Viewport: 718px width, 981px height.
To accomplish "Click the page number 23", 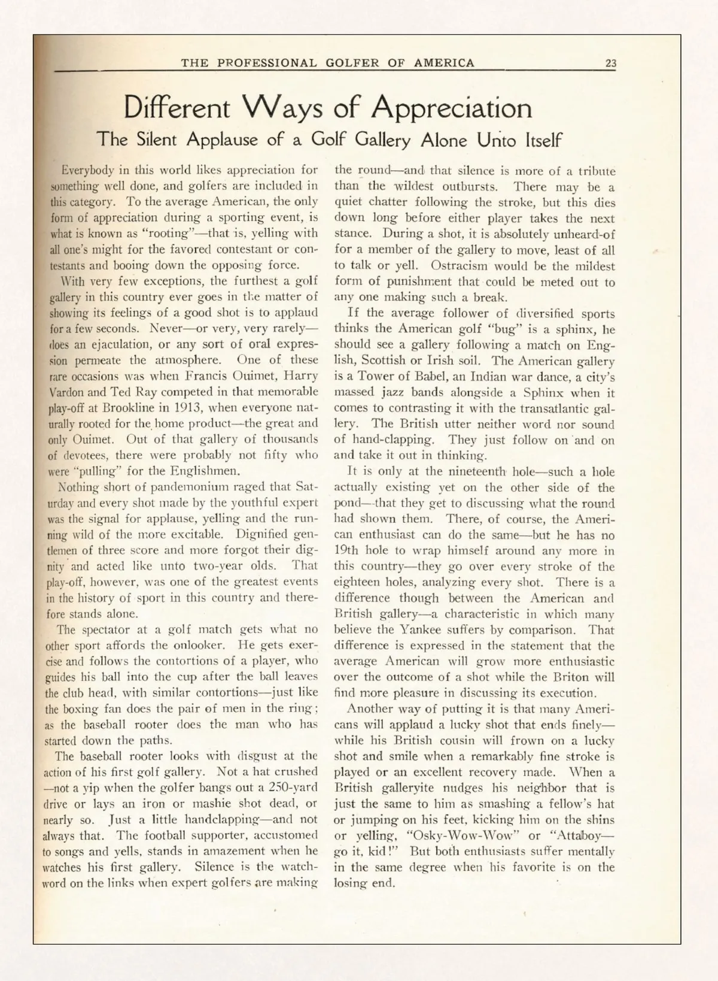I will click(610, 63).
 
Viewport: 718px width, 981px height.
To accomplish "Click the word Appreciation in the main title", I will click(451, 108).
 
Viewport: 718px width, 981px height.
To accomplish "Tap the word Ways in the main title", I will click(283, 108).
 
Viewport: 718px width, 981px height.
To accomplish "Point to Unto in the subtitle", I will click(496, 140).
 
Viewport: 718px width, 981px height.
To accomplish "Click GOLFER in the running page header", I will click(352, 63).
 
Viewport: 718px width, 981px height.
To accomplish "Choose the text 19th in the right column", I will click(346, 550).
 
